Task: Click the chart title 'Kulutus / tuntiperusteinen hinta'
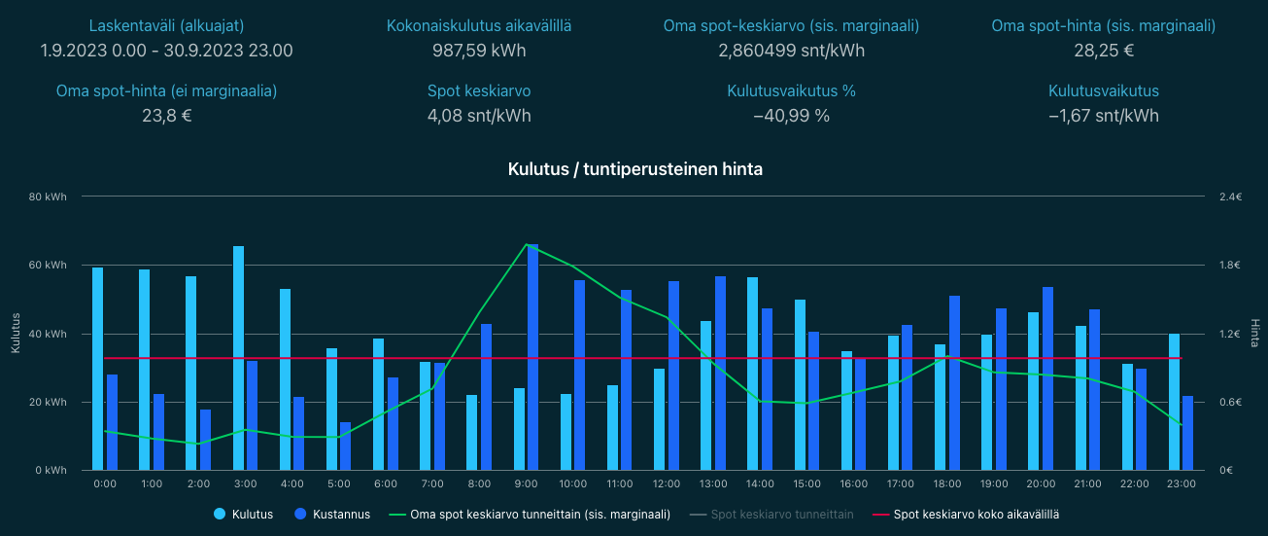click(x=634, y=169)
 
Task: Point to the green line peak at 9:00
click(x=526, y=244)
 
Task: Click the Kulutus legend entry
click(x=243, y=515)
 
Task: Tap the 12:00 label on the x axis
click(x=667, y=483)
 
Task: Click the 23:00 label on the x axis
click(x=1181, y=483)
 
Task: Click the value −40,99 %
click(x=791, y=116)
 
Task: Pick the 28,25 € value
click(x=1103, y=51)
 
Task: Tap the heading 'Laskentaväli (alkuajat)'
click(x=166, y=26)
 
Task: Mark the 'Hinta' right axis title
click(x=1254, y=334)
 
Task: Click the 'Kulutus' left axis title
click(x=15, y=334)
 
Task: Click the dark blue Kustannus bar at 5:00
click(x=345, y=447)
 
